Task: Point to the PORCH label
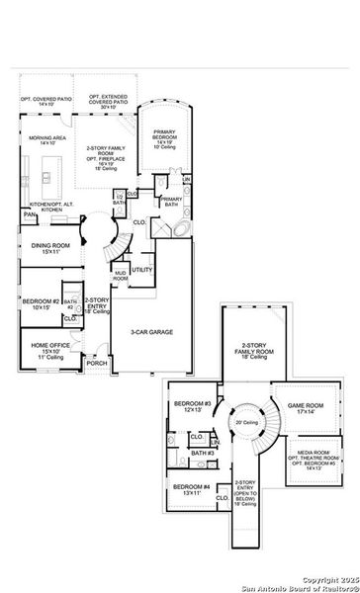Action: pos(97,363)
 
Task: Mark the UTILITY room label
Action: pos(141,269)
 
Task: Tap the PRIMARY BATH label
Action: pos(172,203)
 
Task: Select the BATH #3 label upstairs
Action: pos(203,453)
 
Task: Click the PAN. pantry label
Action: pos(32,213)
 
